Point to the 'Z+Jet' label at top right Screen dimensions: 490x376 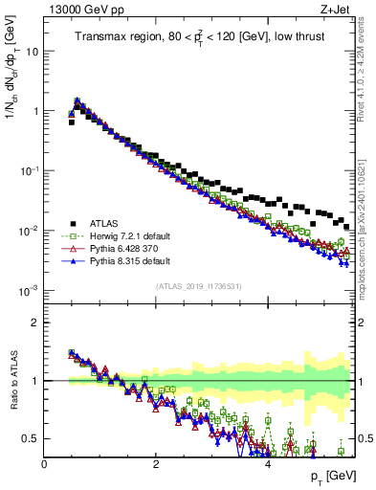click(x=341, y=11)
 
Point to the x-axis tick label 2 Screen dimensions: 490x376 click(x=156, y=464)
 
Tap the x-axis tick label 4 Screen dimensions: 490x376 click(x=268, y=464)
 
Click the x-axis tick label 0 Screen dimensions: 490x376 click(x=45, y=464)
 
